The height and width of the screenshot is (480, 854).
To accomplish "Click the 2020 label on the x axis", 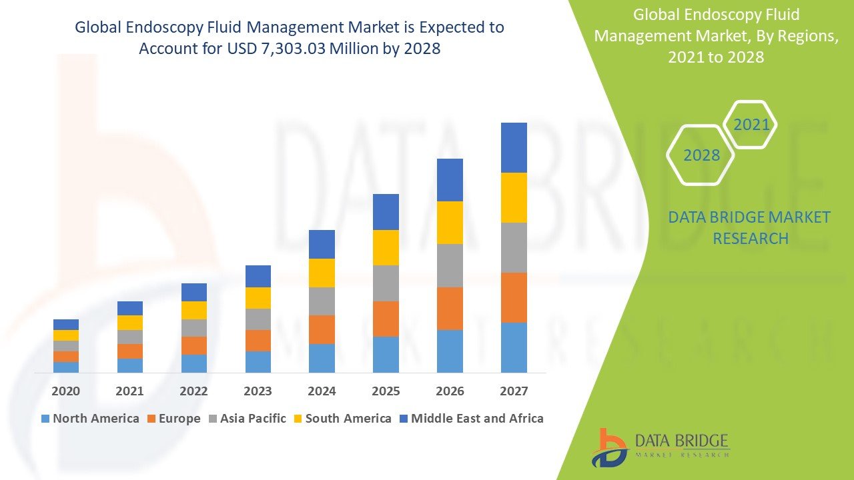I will [x=65, y=391].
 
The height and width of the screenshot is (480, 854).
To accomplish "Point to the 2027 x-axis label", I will [x=514, y=391].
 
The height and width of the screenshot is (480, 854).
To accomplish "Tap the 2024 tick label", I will [x=322, y=391].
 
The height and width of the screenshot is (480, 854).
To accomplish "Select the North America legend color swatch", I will [x=45, y=419].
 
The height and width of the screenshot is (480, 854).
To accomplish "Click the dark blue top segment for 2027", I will [x=514, y=147].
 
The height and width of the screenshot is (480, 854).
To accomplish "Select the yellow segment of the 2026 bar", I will [x=450, y=223].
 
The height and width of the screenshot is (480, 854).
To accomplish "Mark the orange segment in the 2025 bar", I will [x=386, y=319].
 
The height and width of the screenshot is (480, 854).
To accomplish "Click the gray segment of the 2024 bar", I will [x=322, y=301].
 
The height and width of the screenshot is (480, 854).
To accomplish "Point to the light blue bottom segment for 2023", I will [x=258, y=361].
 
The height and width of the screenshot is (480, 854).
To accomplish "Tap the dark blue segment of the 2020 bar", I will [x=65, y=325].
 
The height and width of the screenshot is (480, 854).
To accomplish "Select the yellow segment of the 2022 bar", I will [x=193, y=310].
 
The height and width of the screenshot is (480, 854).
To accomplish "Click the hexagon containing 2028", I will [x=701, y=155].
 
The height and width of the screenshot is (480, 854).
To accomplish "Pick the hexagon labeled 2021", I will [x=751, y=125].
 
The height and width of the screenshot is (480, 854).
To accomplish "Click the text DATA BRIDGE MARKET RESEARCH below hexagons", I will [x=750, y=228].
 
